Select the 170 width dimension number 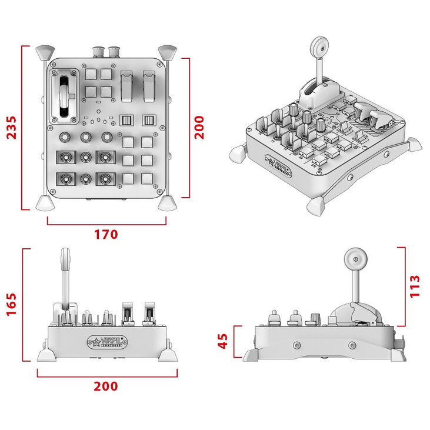point(106,234)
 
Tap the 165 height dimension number point(12,304)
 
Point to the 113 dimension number point(415,286)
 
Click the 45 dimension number point(223,341)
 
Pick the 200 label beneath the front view point(106,386)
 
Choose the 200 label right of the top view point(199,127)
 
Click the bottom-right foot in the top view point(168,203)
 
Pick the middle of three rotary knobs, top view point(86,138)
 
